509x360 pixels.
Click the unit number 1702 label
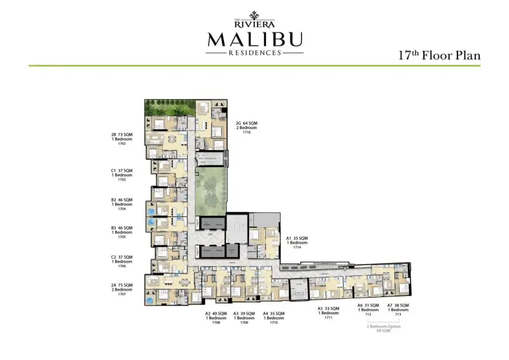pos(122,144)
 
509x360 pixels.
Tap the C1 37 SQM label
pos(122,170)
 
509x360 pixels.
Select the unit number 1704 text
pos(122,209)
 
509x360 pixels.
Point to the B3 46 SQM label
pos(122,228)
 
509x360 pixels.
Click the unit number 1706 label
pos(122,266)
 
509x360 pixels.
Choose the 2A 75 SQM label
pos(122,285)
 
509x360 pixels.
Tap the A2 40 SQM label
pos(216,314)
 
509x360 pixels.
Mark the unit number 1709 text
pos(244,322)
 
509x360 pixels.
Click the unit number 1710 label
pos(274,322)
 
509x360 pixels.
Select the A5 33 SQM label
pos(328,308)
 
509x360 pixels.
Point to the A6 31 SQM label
pos(368,305)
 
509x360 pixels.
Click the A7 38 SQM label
pos(398,305)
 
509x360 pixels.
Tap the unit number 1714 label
pos(296,247)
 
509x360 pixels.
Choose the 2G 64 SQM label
pos(247,122)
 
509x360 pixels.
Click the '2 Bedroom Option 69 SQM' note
pos(382,328)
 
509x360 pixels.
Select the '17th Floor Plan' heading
pos(439,55)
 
